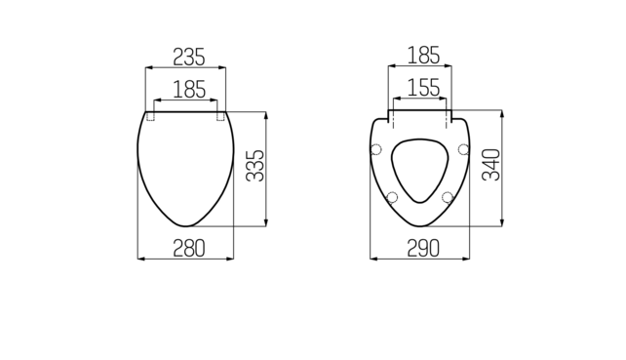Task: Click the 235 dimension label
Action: pyautogui.click(x=189, y=57)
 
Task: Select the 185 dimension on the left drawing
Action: pyautogui.click(x=189, y=89)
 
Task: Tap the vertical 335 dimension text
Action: pyautogui.click(x=254, y=166)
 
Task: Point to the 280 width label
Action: pyautogui.click(x=189, y=248)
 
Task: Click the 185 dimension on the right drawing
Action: pyautogui.click(x=423, y=56)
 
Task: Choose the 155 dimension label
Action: pyautogui.click(x=423, y=88)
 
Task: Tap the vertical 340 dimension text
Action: pyautogui.click(x=491, y=165)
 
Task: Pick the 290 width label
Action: pyautogui.click(x=423, y=248)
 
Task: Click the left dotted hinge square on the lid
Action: pyautogui.click(x=150, y=116)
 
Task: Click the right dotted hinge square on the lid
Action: pyautogui.click(x=220, y=116)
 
